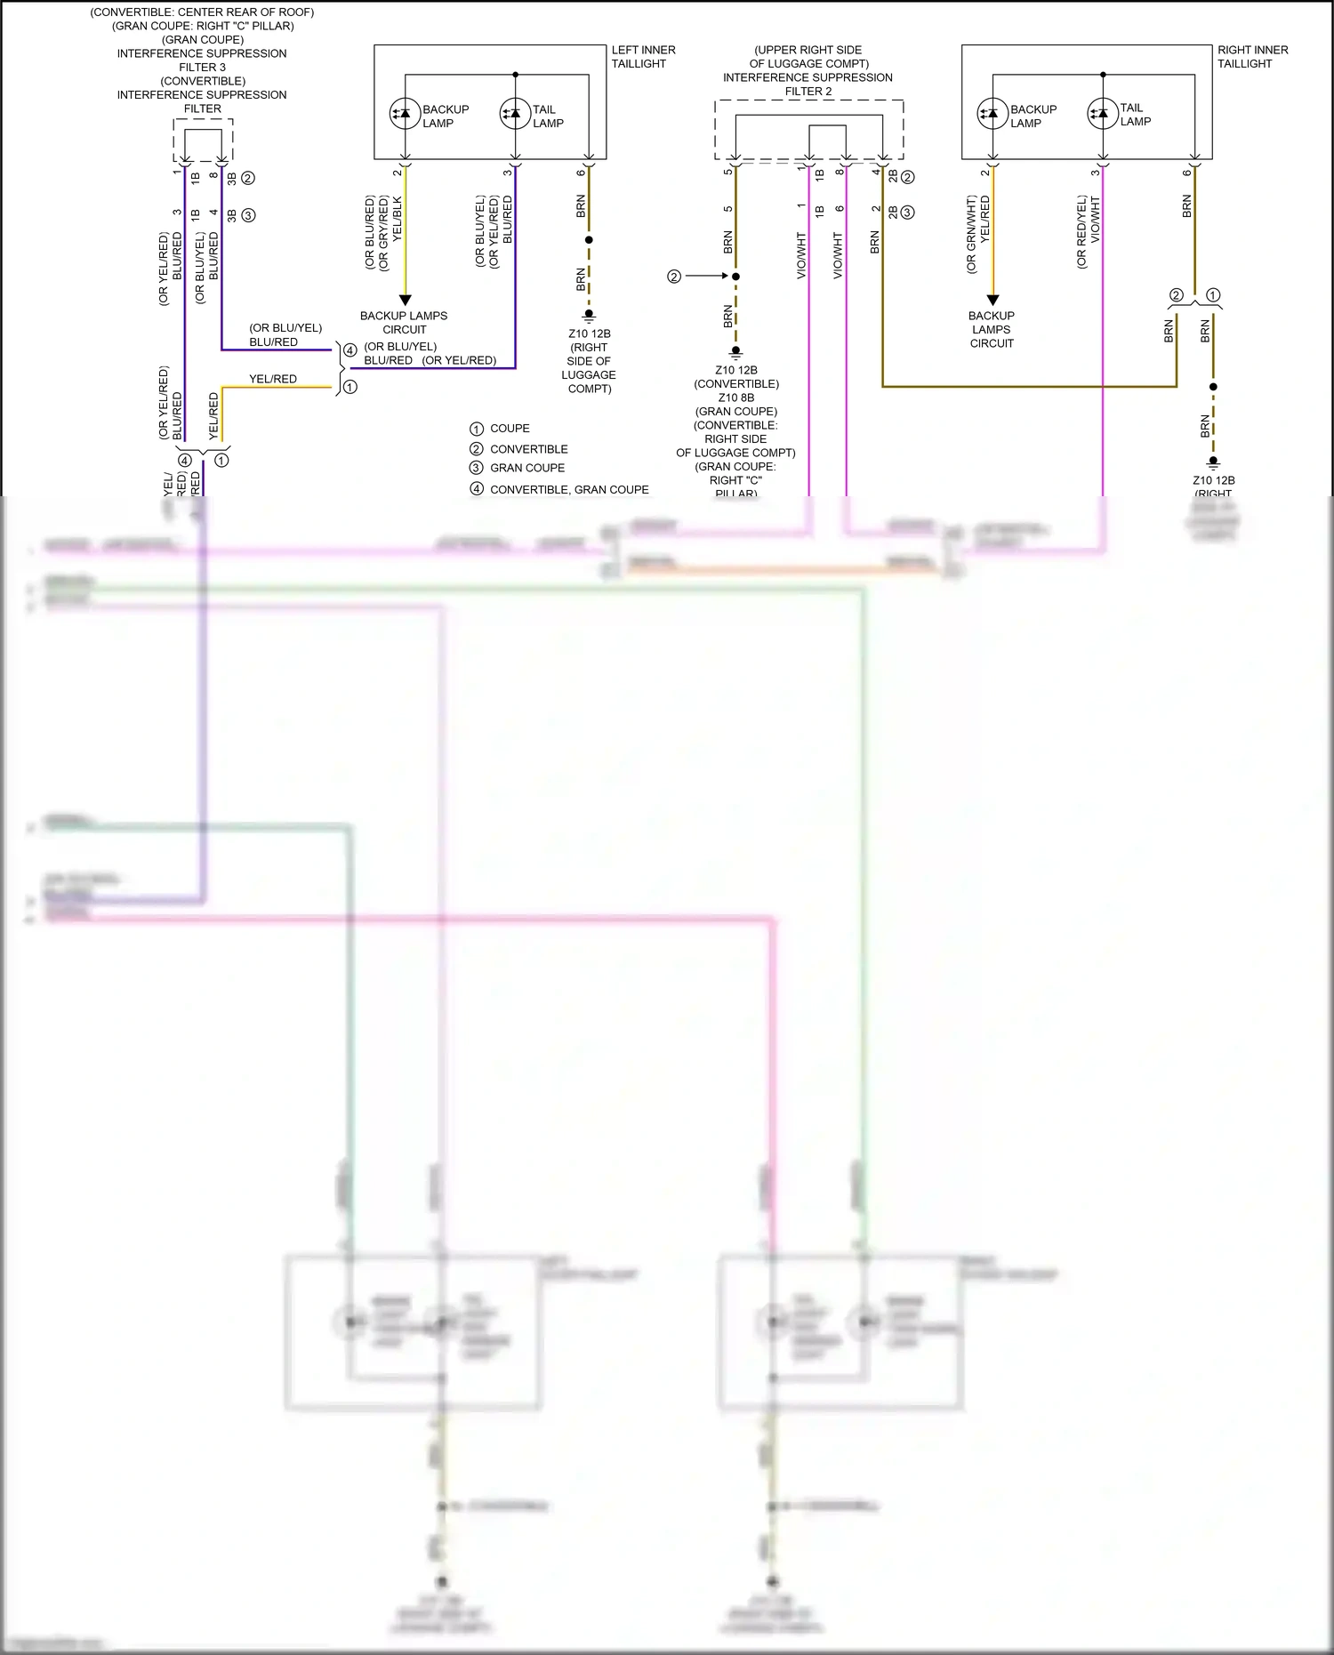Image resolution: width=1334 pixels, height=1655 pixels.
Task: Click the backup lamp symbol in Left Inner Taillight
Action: pyautogui.click(x=406, y=113)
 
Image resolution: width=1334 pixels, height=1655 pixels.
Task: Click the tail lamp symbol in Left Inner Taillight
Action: pyautogui.click(x=515, y=113)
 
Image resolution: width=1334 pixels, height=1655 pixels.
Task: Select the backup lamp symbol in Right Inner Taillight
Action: pyautogui.click(x=992, y=113)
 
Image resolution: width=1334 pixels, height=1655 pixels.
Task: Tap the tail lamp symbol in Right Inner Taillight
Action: pyautogui.click(x=1103, y=113)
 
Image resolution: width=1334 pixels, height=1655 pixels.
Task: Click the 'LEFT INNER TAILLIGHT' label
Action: pyautogui.click(x=642, y=57)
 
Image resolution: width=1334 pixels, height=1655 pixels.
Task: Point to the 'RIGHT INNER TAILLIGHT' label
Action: pyautogui.click(x=1252, y=57)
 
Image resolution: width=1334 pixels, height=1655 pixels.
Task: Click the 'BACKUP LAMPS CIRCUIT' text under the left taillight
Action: pyautogui.click(x=404, y=323)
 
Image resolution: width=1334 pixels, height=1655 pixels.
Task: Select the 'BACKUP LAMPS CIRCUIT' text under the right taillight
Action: pyautogui.click(x=992, y=329)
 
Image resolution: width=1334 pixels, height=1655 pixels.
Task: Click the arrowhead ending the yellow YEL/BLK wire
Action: pyautogui.click(x=405, y=301)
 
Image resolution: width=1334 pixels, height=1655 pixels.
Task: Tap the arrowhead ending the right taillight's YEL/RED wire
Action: pyautogui.click(x=993, y=301)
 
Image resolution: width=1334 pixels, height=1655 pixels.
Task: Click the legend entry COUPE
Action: pyautogui.click(x=509, y=429)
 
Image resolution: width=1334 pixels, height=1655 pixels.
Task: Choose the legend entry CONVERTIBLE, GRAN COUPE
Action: pyautogui.click(x=568, y=490)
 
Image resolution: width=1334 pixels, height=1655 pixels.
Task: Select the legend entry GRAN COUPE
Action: pyautogui.click(x=526, y=468)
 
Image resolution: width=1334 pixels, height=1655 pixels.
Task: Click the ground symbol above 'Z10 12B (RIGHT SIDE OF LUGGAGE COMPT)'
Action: pyautogui.click(x=589, y=315)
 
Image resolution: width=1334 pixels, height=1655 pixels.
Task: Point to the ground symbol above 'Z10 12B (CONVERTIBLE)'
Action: pyautogui.click(x=735, y=351)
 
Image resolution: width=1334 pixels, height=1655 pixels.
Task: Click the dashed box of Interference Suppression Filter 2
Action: pyautogui.click(x=808, y=130)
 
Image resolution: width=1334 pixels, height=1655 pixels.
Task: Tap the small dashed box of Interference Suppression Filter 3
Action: pyautogui.click(x=203, y=141)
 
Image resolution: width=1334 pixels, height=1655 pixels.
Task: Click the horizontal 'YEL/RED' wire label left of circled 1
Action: pyautogui.click(x=273, y=379)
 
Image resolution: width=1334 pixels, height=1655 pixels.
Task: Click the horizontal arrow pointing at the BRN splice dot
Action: pyautogui.click(x=707, y=277)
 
